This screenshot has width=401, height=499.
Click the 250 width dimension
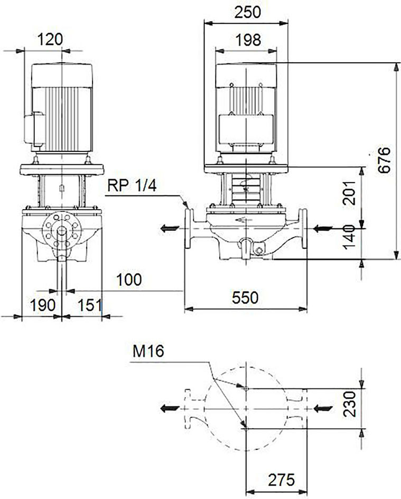tap(247, 13)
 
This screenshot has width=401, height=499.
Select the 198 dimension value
tap(248, 40)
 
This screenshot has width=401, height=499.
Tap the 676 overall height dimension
tap(385, 160)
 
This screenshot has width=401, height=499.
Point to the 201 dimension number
tap(349, 193)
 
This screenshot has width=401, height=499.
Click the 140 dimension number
tap(349, 238)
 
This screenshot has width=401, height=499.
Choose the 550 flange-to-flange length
tap(245, 298)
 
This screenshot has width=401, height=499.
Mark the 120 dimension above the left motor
tap(50, 40)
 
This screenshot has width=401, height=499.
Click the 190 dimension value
tap(43, 305)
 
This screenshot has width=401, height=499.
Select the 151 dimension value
tap(90, 305)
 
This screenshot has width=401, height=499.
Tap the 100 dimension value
tap(129, 280)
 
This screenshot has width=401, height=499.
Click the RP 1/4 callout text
tap(132, 185)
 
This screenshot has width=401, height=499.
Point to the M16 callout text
tap(148, 352)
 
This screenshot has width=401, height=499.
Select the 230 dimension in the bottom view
tap(349, 404)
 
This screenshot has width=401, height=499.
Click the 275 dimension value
tap(282, 480)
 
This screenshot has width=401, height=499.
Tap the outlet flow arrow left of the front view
tap(170, 228)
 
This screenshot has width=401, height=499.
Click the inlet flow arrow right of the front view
tap(323, 228)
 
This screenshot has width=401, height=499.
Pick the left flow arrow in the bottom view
tap(170, 409)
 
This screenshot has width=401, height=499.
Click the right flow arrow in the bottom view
tap(323, 409)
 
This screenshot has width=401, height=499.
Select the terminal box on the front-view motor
tap(246, 129)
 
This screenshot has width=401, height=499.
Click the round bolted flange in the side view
tap(61, 230)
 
